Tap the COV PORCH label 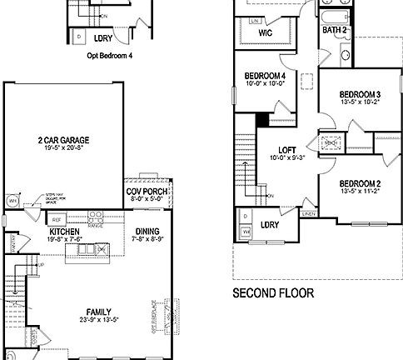point(145,190)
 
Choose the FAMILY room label point(52,311)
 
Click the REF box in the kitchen point(57,218)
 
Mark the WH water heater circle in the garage point(12,201)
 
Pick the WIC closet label point(266,33)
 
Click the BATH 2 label point(334,31)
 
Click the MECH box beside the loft point(330,142)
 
